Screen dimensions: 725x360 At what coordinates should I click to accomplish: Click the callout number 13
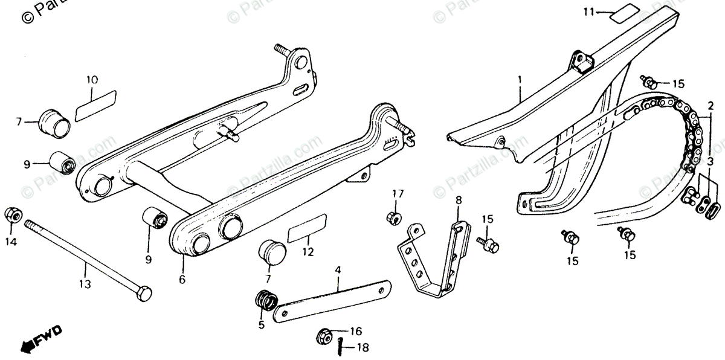85,283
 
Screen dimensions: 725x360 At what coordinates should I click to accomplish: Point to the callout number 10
92,80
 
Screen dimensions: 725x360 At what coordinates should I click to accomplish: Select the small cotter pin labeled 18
341,347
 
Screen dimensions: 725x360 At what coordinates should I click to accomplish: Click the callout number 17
397,194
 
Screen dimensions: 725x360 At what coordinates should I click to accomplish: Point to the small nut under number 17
391,216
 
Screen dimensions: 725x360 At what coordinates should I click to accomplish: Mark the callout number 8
458,199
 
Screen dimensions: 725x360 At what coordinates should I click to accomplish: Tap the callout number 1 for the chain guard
518,80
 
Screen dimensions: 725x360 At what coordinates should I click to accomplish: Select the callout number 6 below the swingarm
182,280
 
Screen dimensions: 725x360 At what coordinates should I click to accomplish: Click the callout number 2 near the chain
702,104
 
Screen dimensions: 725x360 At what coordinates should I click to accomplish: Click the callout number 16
355,331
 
